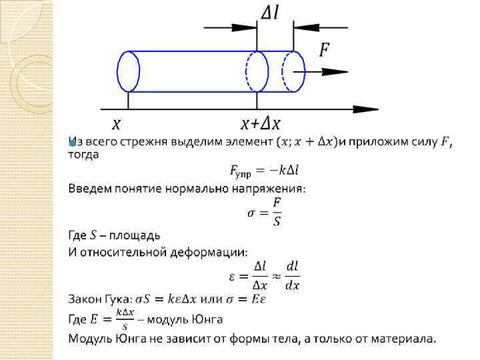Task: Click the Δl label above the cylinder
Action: (269, 12)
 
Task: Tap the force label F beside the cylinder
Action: (324, 49)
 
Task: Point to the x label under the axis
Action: (116, 124)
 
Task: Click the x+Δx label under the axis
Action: (261, 124)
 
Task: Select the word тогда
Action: (83, 154)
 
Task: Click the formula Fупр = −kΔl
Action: (265, 172)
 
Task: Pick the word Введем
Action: (89, 189)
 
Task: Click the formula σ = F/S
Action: (265, 211)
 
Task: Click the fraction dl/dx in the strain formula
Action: (292, 275)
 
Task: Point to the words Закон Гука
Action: (99, 298)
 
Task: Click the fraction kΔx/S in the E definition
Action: (124, 319)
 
